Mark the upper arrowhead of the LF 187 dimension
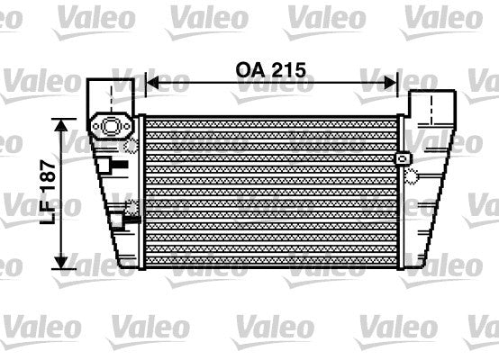point(61,124)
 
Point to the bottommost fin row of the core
point(270,260)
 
